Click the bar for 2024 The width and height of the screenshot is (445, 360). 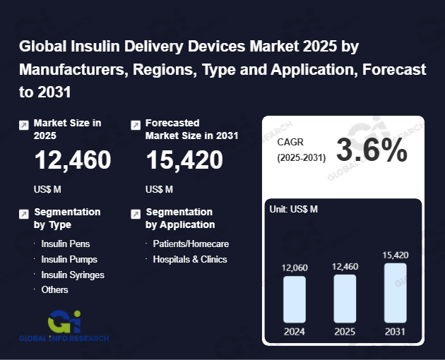click(295, 299)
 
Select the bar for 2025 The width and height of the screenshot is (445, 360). click(345, 299)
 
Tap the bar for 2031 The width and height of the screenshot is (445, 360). click(396, 293)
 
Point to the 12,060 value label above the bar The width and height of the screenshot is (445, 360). click(295, 268)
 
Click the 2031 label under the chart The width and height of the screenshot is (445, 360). click(396, 331)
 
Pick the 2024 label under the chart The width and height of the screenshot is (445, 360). click(295, 331)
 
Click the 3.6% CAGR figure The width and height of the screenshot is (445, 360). click(372, 150)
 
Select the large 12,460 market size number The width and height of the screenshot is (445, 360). click(73, 161)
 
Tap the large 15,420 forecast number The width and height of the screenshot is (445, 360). click(184, 161)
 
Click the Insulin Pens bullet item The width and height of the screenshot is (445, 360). click(65, 244)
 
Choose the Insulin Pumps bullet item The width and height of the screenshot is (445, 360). click(69, 259)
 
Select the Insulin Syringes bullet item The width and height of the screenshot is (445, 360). click(72, 275)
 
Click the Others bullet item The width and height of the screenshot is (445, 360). click(54, 289)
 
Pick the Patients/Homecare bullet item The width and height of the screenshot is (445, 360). click(191, 244)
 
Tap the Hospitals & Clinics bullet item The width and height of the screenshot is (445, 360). click(190, 259)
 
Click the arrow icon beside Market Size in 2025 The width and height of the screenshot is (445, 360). click(24, 125)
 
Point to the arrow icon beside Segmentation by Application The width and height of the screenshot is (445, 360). click(136, 213)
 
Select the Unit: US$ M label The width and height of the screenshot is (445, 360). click(294, 209)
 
